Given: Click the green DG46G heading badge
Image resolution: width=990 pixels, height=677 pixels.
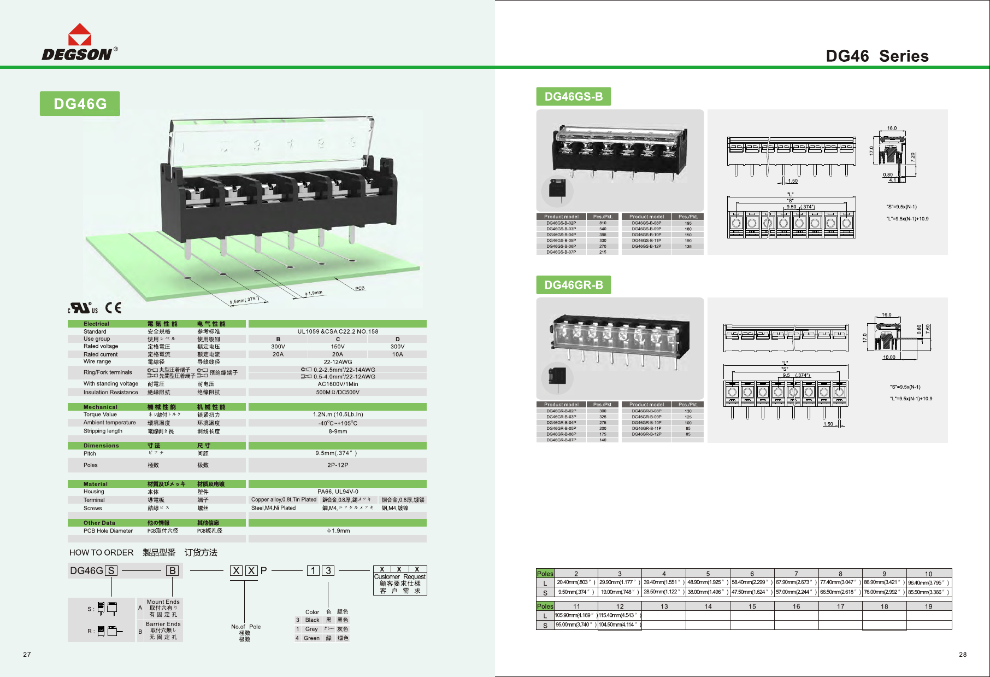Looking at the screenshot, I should pos(80,104).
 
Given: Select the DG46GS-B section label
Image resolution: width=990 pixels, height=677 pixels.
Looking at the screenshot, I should pos(574,97).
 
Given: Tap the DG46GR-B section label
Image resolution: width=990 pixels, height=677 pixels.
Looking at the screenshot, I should pos(574,285).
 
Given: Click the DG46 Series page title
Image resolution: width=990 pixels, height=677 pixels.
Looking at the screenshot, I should pos(877,56).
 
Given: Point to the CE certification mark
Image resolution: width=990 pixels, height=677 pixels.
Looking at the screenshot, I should pos(113,307).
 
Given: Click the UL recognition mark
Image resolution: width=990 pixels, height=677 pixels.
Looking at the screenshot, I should pos(82,308).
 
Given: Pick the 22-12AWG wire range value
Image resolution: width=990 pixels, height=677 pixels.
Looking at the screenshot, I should pos(338,362).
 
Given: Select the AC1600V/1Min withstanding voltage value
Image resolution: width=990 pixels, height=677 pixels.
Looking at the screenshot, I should pos(338,384).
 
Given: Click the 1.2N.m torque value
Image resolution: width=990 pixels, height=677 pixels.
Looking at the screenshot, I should pos(338,415).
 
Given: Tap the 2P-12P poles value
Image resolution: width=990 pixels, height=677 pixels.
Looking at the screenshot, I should pos(338,465).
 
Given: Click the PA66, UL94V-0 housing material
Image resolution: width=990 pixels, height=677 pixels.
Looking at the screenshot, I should pos(338,492).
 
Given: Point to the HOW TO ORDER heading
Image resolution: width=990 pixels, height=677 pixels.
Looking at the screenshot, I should pos(101,552).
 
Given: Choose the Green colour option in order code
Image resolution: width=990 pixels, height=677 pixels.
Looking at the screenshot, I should pos(311,638).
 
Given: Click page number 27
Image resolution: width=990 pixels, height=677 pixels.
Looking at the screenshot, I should pos(27,655).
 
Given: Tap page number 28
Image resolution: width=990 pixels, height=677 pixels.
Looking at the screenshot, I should pos(963,655).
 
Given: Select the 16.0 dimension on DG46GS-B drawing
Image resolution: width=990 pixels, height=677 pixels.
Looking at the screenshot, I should pos(892,129).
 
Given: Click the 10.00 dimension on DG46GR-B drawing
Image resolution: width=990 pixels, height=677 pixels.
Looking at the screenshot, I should pos(889,357).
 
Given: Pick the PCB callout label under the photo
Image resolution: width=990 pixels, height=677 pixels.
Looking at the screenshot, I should pos(360,288).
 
